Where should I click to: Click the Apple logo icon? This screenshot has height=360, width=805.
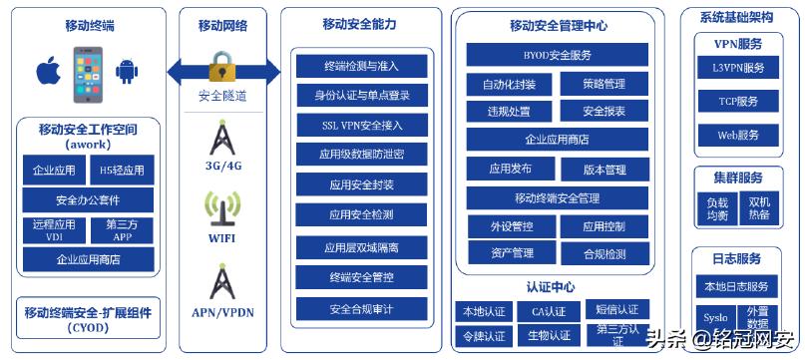(46, 72)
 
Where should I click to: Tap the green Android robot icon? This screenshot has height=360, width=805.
(126, 72)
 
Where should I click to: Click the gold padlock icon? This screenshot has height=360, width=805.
(221, 69)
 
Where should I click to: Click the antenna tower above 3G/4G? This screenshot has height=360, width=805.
(221, 139)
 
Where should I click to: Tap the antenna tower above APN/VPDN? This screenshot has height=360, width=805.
(221, 282)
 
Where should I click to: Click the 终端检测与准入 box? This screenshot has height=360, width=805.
(361, 66)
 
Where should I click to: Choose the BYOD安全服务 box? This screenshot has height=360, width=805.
(557, 55)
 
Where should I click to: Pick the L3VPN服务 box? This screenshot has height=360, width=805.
(739, 68)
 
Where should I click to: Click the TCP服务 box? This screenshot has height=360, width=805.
(739, 102)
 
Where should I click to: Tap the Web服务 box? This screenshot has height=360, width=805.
(739, 135)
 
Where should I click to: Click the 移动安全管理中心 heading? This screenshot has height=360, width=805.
(558, 26)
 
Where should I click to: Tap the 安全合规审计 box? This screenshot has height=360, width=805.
(361, 308)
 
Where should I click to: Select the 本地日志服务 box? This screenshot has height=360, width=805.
(739, 287)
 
